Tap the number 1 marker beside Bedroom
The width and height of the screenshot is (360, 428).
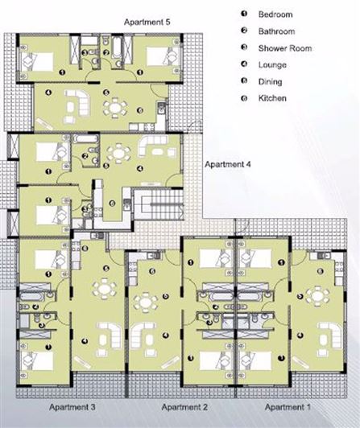(242, 14)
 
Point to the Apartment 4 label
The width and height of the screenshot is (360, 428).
(229, 164)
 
